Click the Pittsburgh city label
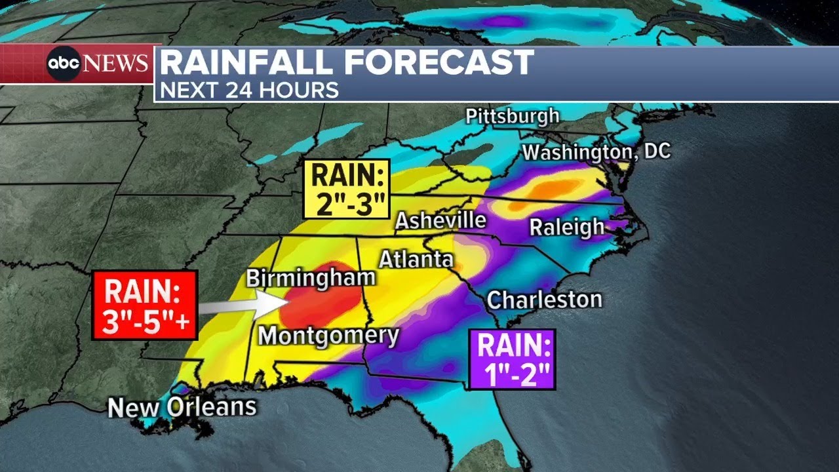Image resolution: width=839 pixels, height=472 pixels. (x=513, y=117)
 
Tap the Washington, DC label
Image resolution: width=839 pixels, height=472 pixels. (x=596, y=152)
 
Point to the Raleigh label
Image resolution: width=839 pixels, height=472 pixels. (x=567, y=227)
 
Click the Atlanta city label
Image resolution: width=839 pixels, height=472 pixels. (x=416, y=259)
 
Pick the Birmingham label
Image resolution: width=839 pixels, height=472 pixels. (x=310, y=277)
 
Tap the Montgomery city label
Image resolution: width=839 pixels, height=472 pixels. (x=328, y=336)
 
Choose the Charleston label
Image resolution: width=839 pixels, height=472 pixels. (x=544, y=300)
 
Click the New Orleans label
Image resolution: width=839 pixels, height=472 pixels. (x=182, y=407)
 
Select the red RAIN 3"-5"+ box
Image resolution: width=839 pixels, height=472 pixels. (x=145, y=305)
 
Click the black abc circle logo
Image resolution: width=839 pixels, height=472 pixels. (x=64, y=64)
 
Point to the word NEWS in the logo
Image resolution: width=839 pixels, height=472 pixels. (x=116, y=64)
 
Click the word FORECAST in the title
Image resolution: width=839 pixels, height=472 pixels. (x=439, y=63)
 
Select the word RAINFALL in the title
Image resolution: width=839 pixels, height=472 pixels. (x=248, y=63)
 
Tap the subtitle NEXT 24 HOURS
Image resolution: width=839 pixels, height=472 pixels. (x=249, y=90)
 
